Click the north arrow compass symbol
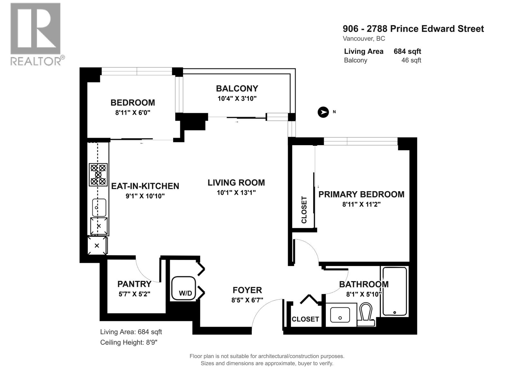point(323,112)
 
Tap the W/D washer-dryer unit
point(184,288)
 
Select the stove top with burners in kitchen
point(98,174)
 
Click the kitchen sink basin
point(99,207)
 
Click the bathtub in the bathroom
point(394,291)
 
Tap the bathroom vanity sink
point(341,315)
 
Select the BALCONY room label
point(237,88)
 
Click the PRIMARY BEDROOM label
point(361,194)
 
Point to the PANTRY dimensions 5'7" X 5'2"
point(134,294)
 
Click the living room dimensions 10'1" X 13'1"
point(236,193)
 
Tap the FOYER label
point(247,290)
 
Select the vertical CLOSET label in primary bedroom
point(304,210)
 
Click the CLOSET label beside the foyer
point(305,319)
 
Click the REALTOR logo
point(36,34)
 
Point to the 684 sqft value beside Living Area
point(407,51)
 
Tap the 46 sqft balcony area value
point(411,60)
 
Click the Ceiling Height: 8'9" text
point(129,342)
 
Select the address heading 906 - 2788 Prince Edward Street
point(413,29)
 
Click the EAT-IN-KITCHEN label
point(145,186)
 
